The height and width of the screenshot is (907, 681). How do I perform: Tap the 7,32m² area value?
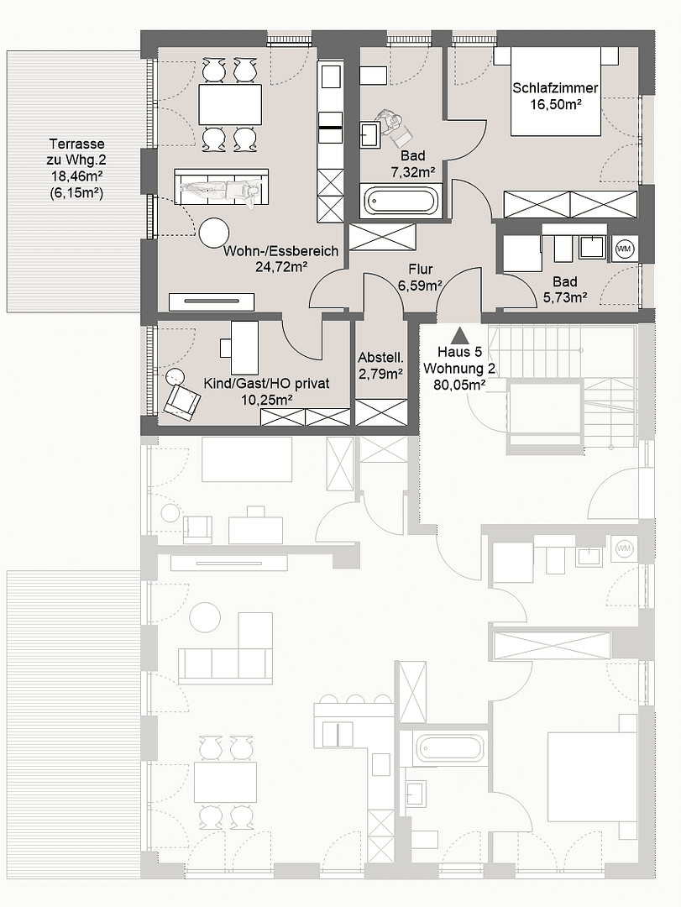[x=412, y=172]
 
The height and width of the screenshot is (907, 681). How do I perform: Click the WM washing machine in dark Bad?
[x=624, y=248]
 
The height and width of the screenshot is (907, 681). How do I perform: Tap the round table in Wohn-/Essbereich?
[x=215, y=233]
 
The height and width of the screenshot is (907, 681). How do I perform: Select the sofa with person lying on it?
[x=222, y=188]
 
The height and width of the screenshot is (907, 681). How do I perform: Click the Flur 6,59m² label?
[x=420, y=277]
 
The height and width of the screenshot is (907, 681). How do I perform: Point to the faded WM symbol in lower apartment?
[x=624, y=548]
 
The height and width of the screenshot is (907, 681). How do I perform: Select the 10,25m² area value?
[x=266, y=400]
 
